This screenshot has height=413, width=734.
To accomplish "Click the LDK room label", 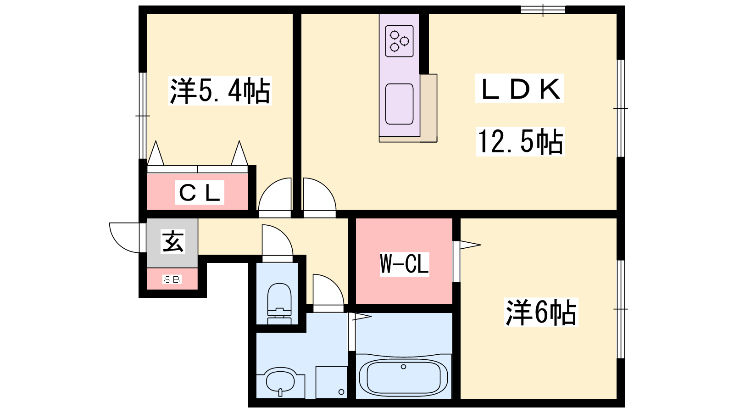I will click(520, 89).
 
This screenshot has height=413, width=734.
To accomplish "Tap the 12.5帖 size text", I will click(520, 141).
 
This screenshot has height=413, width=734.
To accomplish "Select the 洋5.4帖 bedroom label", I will click(220, 91).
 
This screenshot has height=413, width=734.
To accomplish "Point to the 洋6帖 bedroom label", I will click(541, 313).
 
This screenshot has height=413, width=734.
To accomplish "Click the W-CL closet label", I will click(404, 264).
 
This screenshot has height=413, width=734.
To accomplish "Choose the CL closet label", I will click(200, 193).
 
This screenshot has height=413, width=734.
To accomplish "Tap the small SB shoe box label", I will click(172, 279).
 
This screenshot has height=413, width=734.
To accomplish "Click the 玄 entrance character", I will click(173, 241).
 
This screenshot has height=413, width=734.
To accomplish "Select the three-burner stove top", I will click(399, 41).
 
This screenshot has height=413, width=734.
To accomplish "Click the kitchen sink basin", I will click(399, 104).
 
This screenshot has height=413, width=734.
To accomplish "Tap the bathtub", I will click(404, 376).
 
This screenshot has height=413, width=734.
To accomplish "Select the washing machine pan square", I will click(331, 382).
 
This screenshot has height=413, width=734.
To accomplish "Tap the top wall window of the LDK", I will click(543, 10).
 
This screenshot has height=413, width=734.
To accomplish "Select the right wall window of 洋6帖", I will click(620, 309).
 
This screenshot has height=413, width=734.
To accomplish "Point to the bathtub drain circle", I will click(404, 367).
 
